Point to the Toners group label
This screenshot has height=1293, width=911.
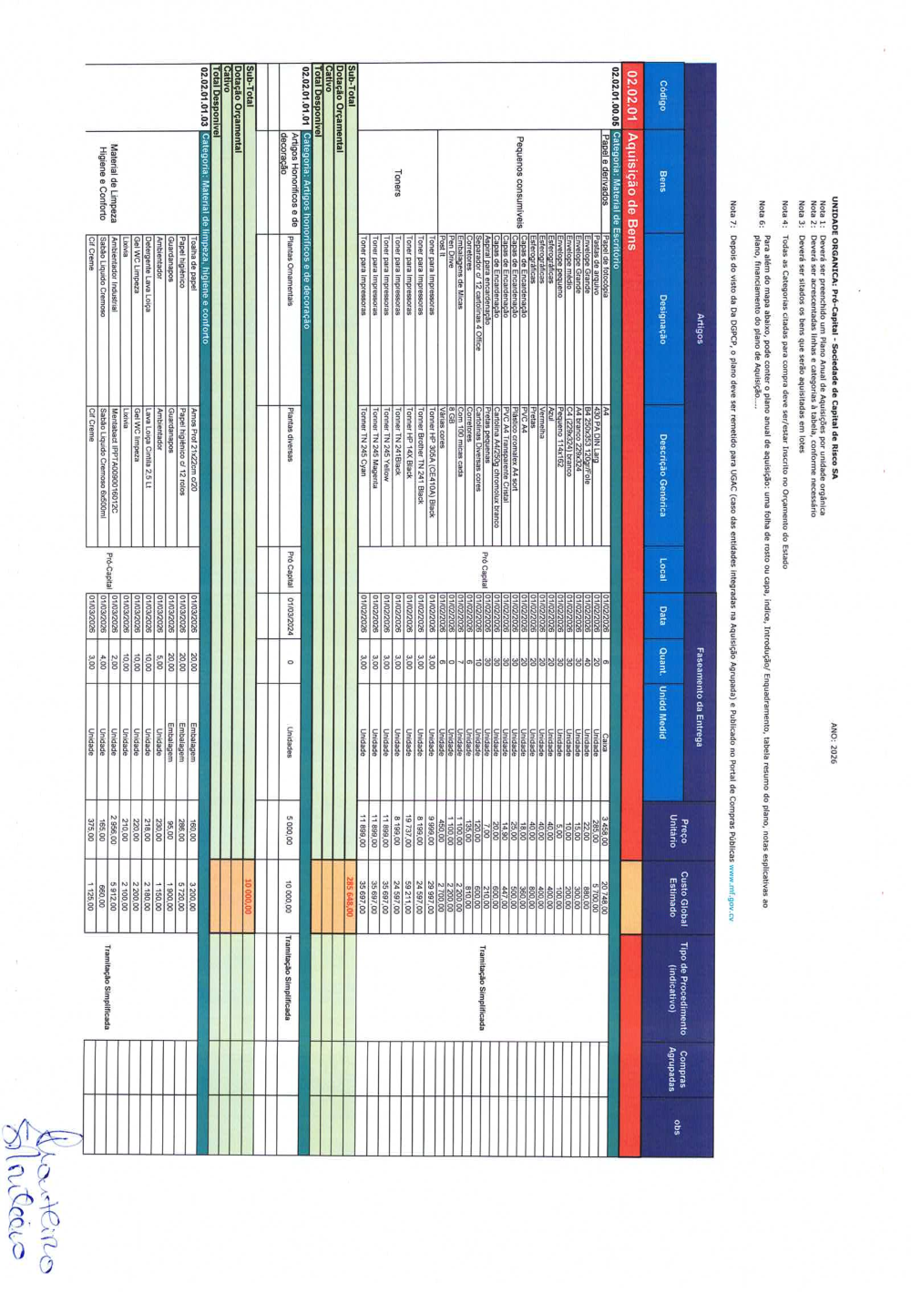tap(397, 182)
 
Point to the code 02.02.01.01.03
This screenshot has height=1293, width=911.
tap(205, 101)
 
